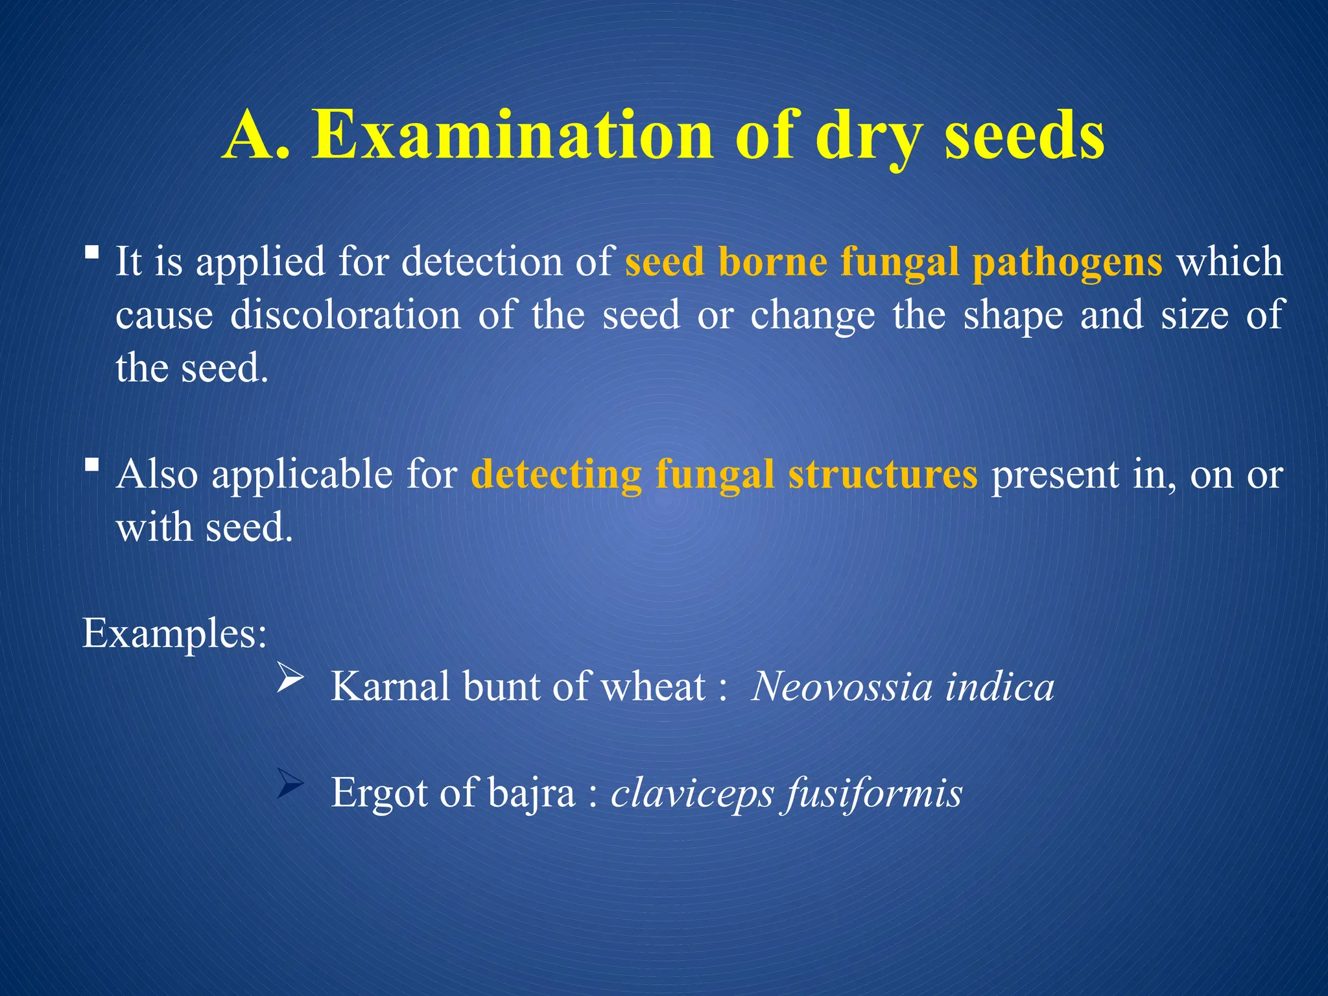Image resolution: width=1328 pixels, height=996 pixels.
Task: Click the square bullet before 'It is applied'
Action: coord(92,252)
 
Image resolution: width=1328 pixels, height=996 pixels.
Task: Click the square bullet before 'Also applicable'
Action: coord(92,464)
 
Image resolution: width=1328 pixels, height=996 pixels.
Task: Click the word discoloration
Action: coord(346,315)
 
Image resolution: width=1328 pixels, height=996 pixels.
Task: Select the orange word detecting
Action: coord(556,475)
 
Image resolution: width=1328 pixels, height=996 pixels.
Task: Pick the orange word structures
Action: coord(883,475)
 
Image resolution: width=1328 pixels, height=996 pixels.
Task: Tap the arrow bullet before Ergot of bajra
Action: coord(290,783)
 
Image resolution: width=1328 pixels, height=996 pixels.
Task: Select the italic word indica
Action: coord(999,687)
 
